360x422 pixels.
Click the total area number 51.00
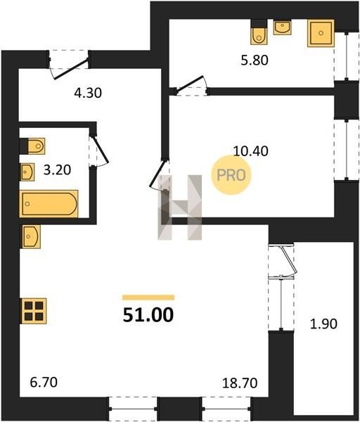148,315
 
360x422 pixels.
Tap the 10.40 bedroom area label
250,151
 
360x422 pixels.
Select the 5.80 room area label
255,60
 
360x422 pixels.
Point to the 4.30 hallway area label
88,93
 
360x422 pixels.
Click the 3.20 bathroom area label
58,170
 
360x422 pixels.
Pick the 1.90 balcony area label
323,324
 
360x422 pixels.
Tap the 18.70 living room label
240,383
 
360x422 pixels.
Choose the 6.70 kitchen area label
44,382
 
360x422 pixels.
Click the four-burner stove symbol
34,311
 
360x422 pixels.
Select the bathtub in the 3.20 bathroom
49,204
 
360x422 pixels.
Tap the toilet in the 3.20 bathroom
36,146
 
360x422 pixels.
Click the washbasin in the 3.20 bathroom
27,172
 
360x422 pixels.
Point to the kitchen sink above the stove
31,236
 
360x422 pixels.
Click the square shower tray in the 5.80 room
321,33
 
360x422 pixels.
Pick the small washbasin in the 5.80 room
282,27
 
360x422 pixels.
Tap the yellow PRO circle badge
231,175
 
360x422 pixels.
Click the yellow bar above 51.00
148,298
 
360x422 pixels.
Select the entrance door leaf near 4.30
71,69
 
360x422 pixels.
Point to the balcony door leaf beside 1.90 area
288,259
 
